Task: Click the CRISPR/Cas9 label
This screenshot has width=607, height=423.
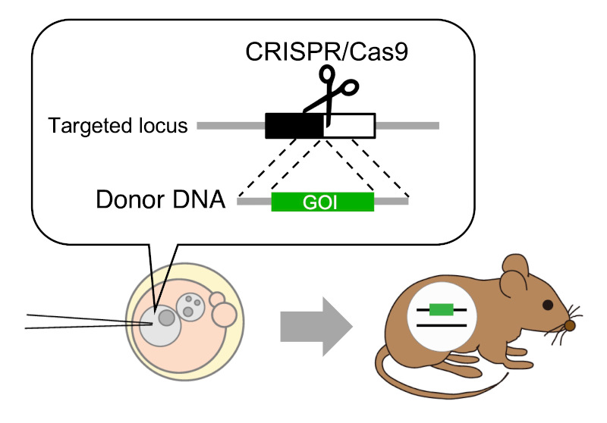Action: [x=327, y=52]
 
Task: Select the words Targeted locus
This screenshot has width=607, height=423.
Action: [x=118, y=126]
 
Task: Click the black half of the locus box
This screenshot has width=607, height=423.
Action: [x=294, y=126]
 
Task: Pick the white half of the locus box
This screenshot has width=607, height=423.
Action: [x=350, y=126]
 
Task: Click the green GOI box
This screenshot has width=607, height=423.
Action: [x=322, y=202]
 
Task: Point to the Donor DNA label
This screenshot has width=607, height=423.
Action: [x=160, y=199]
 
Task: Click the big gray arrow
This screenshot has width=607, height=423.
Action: [x=316, y=327]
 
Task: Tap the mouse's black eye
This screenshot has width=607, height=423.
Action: [x=548, y=305]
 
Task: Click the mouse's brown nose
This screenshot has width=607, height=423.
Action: [x=570, y=325]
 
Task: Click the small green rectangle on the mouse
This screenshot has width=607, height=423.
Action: [x=442, y=310]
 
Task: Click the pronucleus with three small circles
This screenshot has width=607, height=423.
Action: [x=190, y=306]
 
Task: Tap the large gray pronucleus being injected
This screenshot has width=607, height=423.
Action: [x=160, y=325]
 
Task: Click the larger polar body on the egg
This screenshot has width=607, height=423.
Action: [x=224, y=315]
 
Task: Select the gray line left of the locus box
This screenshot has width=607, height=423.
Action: [x=231, y=126]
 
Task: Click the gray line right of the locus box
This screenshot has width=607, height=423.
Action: [x=407, y=126]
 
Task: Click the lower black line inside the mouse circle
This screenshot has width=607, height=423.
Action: [x=442, y=326]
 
